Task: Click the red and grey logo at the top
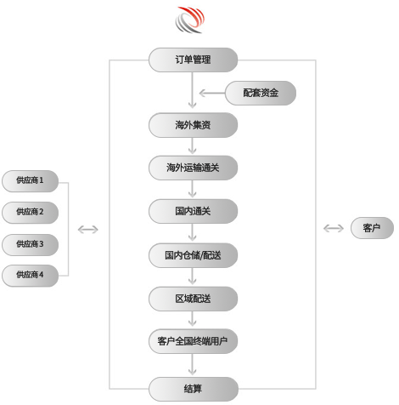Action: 189,20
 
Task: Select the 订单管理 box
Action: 193,60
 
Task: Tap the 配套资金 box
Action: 261,93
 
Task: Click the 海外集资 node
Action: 193,125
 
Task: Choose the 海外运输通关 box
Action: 193,168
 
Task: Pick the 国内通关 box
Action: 193,211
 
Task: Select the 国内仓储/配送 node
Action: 193,255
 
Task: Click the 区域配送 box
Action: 193,299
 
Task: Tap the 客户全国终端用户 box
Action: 193,341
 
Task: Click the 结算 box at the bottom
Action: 193,389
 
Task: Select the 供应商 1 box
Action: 30,181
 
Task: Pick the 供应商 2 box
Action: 30,213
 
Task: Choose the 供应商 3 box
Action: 30,245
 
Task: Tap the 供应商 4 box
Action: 30,276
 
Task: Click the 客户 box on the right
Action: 372,228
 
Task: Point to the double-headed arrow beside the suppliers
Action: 88,230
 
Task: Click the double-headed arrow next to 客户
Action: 334,228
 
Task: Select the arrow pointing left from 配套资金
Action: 212,93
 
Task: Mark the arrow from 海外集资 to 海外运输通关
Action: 193,146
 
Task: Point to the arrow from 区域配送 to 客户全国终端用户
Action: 193,319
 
